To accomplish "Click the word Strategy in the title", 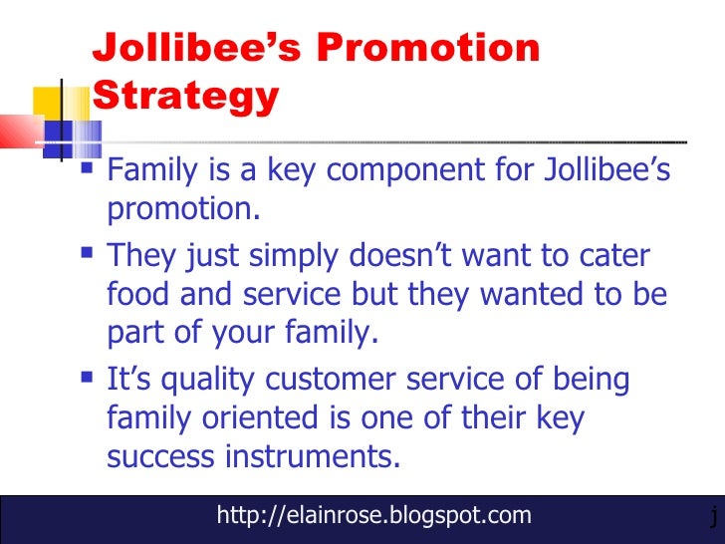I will click(186, 97).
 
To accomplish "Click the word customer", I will click(367, 380).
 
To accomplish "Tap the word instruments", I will click(319, 457).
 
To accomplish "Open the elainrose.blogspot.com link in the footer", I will click(373, 515).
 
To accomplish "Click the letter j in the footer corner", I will click(713, 516).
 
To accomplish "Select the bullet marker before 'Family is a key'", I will click(91, 171).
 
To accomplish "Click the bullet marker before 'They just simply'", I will click(91, 256).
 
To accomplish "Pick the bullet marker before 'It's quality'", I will click(91, 380).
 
